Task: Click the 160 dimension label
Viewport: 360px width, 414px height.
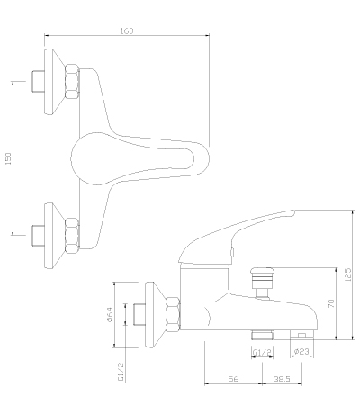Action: pos(127,31)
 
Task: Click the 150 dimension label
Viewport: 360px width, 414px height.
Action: pos(8,158)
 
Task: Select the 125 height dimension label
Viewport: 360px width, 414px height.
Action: pos(348,274)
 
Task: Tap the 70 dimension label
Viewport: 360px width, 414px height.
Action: pos(331,303)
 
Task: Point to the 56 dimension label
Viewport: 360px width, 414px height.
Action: pos(233,379)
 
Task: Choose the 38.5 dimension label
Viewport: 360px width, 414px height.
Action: pos(282,379)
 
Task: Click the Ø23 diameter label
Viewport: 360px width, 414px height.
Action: pos(301,352)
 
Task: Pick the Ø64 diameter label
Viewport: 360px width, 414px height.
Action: pos(110,315)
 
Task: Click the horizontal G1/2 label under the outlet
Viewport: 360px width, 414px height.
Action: pos(262,352)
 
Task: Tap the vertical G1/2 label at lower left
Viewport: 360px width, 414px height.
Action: pos(121,372)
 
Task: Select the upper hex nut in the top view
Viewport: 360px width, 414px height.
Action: pos(72,81)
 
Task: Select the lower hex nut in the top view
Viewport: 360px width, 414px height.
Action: pos(72,236)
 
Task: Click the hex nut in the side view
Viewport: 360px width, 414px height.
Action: pos(173,314)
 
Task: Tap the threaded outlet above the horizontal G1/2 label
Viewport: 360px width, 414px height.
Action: pos(262,335)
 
